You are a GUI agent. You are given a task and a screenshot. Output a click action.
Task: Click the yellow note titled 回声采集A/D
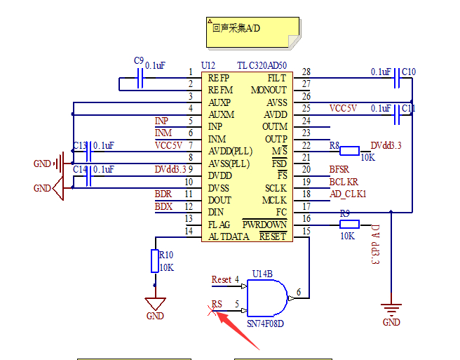pos(253,32)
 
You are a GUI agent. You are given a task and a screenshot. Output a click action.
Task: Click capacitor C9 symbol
pos(140,78)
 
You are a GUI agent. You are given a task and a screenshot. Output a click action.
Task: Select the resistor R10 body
pos(154,261)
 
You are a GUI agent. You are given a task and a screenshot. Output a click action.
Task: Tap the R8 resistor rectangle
pos(349,151)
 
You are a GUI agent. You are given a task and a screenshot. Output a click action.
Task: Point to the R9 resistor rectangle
pos(349,225)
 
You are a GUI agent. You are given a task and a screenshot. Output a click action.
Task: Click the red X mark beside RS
pos(212,311)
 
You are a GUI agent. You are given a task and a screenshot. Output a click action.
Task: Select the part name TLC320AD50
pos(262,65)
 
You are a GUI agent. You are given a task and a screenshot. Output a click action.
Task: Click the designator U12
pos(208,65)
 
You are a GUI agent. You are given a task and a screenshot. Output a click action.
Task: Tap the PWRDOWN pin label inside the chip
pos(264,225)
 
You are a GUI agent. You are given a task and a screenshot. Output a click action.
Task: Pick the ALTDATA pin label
pos(229,236)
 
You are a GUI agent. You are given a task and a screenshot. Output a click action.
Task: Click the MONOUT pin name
pos(269,90)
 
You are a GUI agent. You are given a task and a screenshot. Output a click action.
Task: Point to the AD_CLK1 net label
pos(348,194)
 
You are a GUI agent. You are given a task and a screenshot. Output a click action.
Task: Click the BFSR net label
pos(339,169)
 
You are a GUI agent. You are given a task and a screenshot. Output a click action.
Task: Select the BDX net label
pos(163,207)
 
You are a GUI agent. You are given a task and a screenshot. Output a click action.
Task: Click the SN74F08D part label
pos(265,324)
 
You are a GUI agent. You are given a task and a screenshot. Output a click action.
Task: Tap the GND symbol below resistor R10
pos(155,304)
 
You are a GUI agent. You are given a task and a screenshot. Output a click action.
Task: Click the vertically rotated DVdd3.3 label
pos(375,245)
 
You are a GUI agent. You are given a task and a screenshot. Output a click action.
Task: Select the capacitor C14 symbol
pos(88,176)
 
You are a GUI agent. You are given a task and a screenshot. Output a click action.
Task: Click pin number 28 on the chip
pos(306,72)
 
